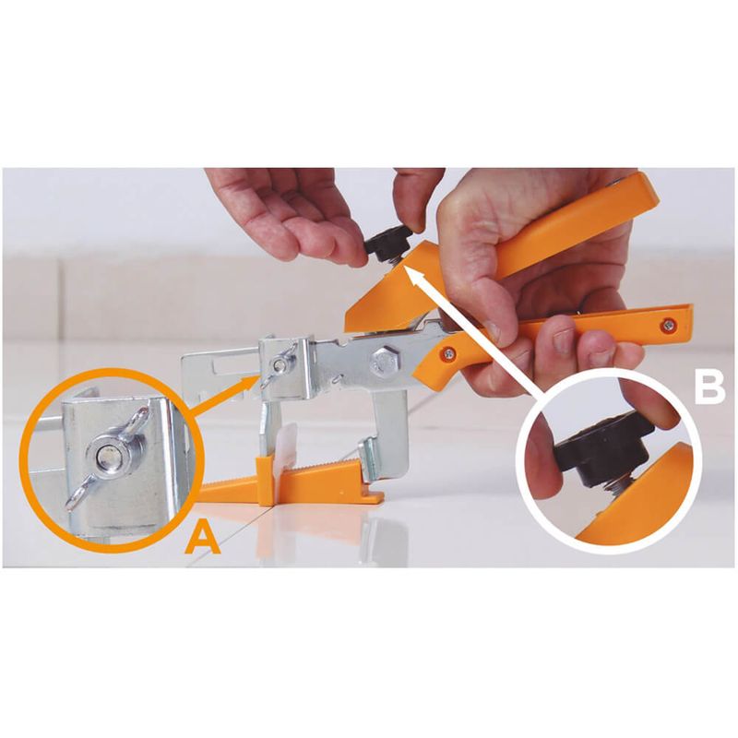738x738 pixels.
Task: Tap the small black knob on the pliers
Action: [x=387, y=240]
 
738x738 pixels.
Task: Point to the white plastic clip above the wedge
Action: [x=288, y=442]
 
